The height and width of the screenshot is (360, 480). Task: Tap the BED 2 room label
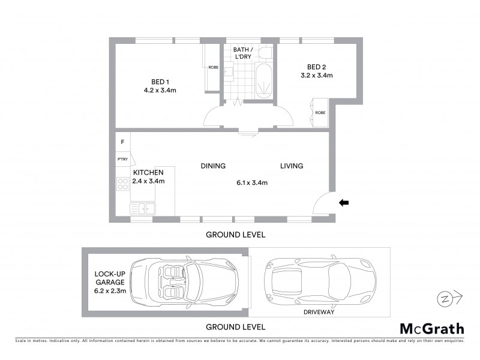[x=316, y=67]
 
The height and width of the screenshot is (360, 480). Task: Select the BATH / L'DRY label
[x=243, y=52]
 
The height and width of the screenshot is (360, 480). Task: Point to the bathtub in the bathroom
[x=263, y=82]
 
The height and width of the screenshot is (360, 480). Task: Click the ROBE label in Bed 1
[x=213, y=68]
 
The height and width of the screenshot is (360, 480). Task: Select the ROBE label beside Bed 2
[x=320, y=112]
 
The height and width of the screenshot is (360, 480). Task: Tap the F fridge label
[x=122, y=142]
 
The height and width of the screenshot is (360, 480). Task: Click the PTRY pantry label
[x=122, y=159]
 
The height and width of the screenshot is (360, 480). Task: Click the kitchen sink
[x=142, y=209]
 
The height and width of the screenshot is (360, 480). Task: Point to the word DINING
[x=213, y=166]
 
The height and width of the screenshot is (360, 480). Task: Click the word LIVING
[x=292, y=166]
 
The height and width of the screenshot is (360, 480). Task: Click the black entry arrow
[x=344, y=203]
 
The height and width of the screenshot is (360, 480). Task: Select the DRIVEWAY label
[x=320, y=312]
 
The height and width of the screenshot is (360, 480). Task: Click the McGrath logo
[x=432, y=328]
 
